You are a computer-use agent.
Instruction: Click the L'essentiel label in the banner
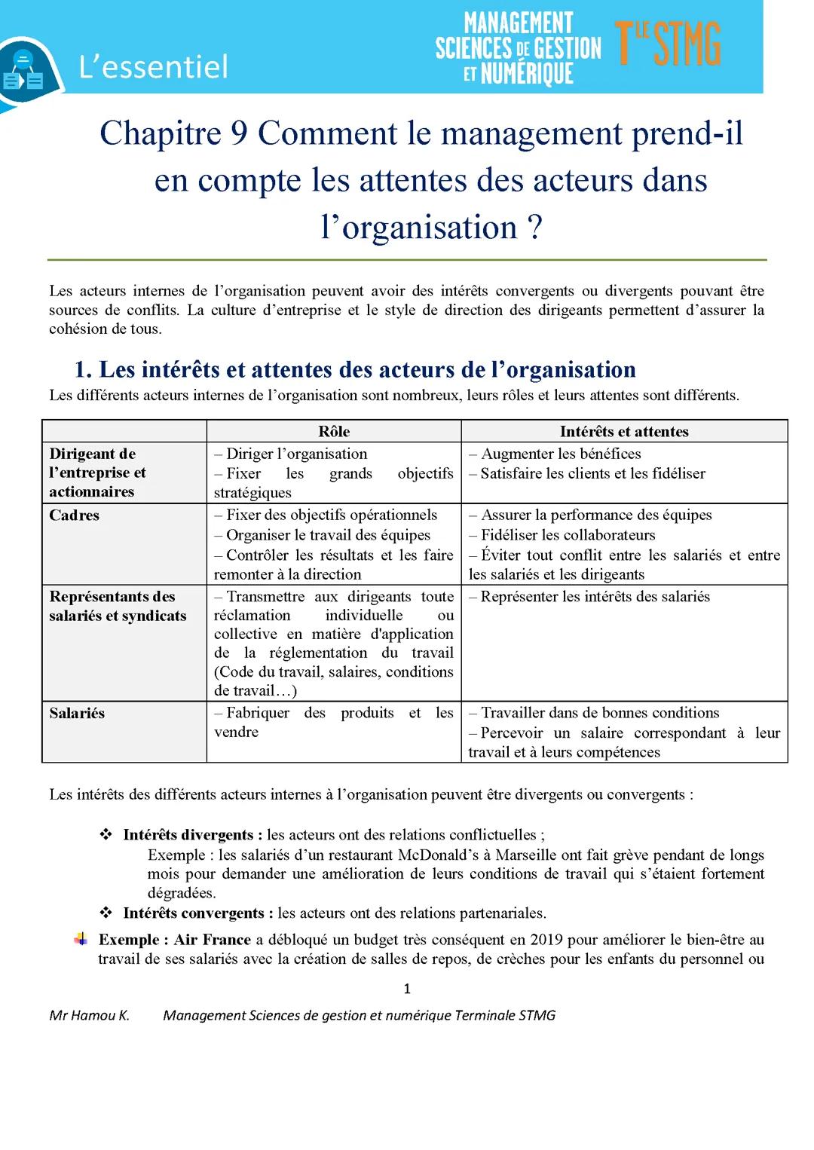tap(153, 67)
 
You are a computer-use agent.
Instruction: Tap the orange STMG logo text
tap(668, 44)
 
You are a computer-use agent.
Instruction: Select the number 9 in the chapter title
tap(239, 133)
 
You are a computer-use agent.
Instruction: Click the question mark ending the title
tap(534, 228)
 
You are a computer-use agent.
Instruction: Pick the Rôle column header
tap(334, 431)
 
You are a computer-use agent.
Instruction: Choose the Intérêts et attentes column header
tap(624, 431)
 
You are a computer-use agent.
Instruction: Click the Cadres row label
tap(75, 515)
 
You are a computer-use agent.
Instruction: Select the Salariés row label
tap(77, 713)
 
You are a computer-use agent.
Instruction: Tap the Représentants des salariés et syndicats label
tap(118, 606)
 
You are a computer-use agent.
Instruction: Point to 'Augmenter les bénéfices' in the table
tap(561, 454)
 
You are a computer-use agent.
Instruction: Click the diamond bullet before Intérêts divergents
tap(106, 834)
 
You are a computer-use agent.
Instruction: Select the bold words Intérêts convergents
tap(193, 913)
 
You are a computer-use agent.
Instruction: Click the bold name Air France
tap(213, 940)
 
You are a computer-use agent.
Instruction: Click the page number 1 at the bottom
tap(407, 989)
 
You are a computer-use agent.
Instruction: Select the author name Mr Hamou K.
tap(90, 1015)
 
